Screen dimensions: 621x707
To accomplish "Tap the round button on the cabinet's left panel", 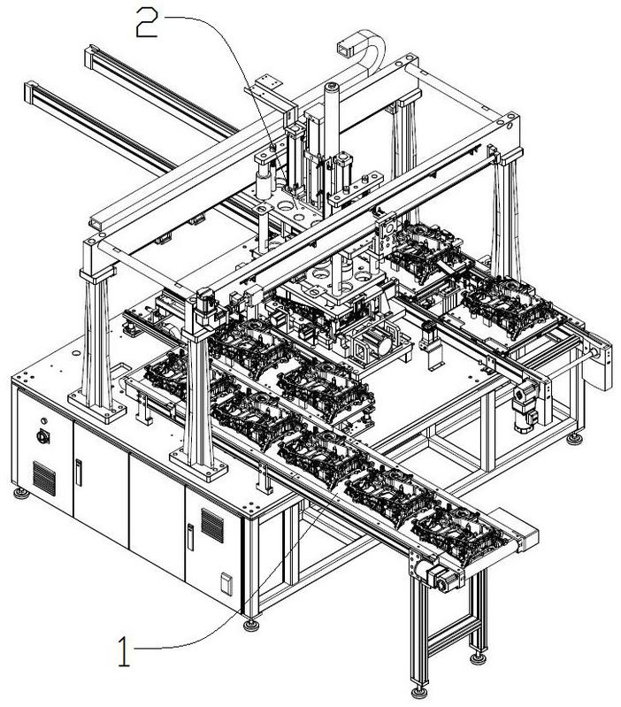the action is click(x=43, y=436).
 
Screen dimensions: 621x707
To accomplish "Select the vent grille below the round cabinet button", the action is click(x=44, y=478).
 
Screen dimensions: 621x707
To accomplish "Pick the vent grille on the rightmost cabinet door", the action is click(x=211, y=526).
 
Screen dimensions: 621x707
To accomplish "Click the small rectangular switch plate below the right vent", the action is click(x=226, y=584).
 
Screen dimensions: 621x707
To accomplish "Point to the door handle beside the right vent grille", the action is click(x=190, y=537).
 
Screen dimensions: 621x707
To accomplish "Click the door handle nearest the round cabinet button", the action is click(x=79, y=473).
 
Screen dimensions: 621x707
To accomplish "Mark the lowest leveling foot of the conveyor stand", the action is click(x=419, y=691).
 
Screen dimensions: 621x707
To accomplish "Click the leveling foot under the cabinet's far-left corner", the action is click(x=21, y=493).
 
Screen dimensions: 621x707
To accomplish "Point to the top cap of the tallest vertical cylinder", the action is click(x=332, y=85).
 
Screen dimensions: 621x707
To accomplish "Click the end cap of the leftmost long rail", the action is click(x=31, y=90).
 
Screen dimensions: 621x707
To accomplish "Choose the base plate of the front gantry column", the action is click(x=198, y=465).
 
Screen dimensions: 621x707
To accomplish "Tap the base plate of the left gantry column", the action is click(x=97, y=407).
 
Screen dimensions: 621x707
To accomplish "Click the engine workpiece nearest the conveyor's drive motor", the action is click(x=460, y=532).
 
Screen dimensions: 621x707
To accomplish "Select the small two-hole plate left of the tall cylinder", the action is click(x=270, y=81).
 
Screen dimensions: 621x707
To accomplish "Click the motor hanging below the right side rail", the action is click(x=524, y=407).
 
